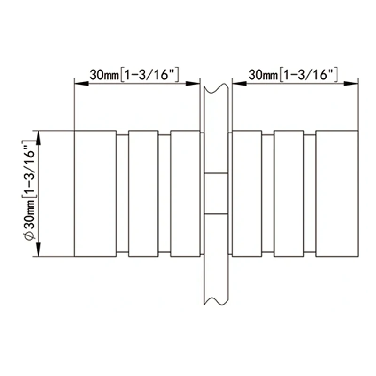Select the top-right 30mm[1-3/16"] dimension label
point(294,74)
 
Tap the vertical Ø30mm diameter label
point(29,194)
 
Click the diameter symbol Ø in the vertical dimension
point(29,236)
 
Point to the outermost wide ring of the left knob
point(95,194)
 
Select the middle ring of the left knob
point(143,194)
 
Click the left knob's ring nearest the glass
point(185,194)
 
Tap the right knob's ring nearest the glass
point(247,194)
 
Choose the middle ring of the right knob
point(289,194)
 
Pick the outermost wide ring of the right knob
point(337,194)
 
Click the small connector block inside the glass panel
point(216,194)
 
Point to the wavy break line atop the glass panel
point(216,87)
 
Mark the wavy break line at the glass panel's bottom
point(216,300)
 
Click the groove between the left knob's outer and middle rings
point(122,194)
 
